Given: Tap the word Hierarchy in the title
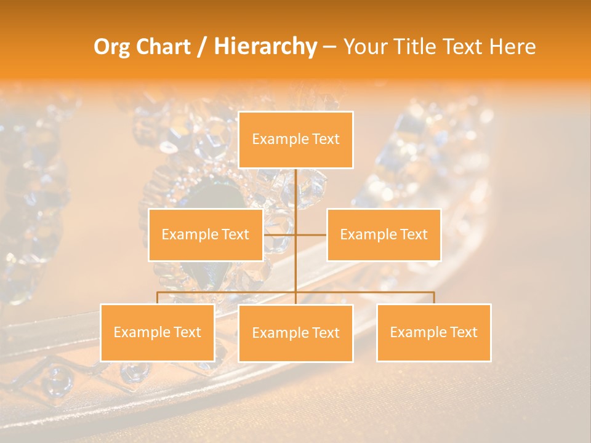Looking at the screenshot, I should coord(265,47).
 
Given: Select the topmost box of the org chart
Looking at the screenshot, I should coord(295,140).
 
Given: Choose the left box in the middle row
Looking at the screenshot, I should coord(206,234).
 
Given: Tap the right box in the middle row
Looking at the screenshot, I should coord(384,234).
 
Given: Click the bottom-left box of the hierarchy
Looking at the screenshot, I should coord(158,332).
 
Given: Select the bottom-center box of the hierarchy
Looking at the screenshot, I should coord(295,333).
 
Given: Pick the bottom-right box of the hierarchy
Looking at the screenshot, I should coord(433,332).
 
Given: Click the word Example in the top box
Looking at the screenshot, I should coord(275,139).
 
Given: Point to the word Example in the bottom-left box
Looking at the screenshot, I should coord(137,332).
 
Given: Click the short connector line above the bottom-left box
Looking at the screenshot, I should coord(158,298).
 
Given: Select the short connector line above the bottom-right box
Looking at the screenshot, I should coord(433,298).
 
